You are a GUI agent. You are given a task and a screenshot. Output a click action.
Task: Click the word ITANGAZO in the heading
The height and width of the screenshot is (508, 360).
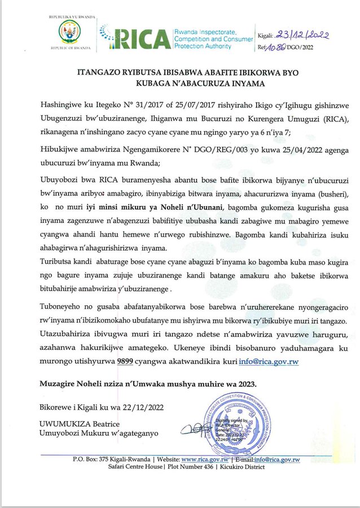pos(98,73)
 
